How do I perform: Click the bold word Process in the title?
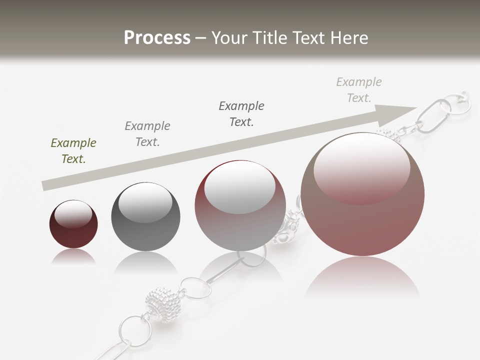click(x=157, y=38)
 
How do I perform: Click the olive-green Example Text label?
click(x=73, y=151)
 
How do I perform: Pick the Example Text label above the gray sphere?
click(x=147, y=133)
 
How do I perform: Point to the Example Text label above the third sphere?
click(x=241, y=113)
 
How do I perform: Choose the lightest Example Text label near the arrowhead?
click(x=359, y=90)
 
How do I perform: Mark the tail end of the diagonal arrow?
click(x=44, y=186)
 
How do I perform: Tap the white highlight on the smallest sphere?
click(x=73, y=214)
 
